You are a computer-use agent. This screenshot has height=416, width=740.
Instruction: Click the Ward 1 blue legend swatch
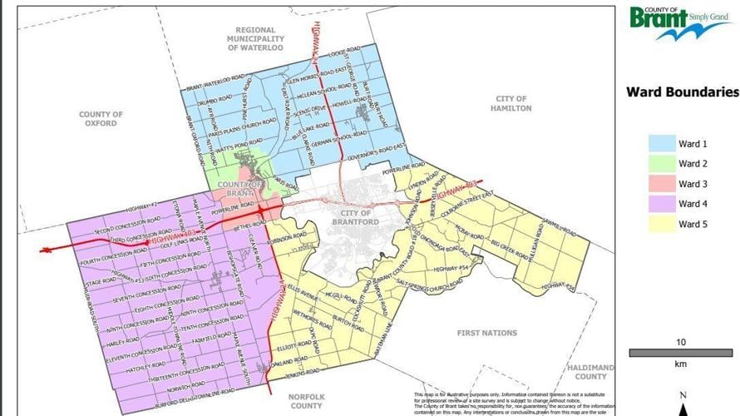(661, 143)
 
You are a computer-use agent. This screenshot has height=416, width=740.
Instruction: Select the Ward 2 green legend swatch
(661, 164)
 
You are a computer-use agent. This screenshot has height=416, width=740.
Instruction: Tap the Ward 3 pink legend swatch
(661, 184)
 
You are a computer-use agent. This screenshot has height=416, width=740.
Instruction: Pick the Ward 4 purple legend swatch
(661, 204)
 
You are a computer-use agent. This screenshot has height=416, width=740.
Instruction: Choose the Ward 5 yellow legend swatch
(661, 224)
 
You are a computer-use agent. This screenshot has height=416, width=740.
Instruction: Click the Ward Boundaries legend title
(682, 92)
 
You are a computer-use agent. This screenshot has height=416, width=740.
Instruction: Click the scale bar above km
(680, 354)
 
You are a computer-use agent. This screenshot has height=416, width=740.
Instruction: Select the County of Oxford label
(101, 119)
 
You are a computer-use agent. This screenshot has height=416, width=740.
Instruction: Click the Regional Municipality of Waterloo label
(256, 39)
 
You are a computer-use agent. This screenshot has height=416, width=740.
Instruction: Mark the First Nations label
(487, 333)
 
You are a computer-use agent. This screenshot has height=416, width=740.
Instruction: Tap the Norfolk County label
(307, 401)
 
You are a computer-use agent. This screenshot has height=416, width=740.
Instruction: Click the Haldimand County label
(590, 372)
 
